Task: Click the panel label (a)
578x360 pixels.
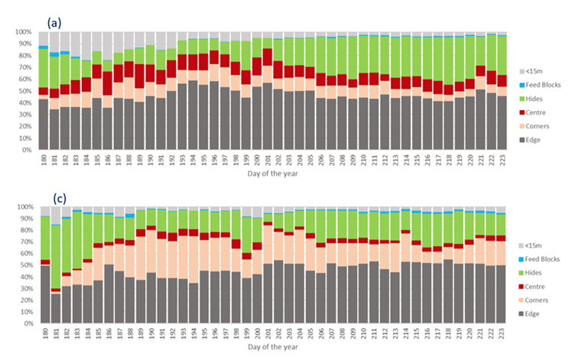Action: pos(54,23)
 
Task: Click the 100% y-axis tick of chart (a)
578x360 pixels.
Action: pos(22,33)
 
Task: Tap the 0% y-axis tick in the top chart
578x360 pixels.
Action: pos(25,151)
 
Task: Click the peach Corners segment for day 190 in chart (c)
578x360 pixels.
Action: pos(151,251)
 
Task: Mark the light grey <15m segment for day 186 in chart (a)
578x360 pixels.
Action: pos(109,46)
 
